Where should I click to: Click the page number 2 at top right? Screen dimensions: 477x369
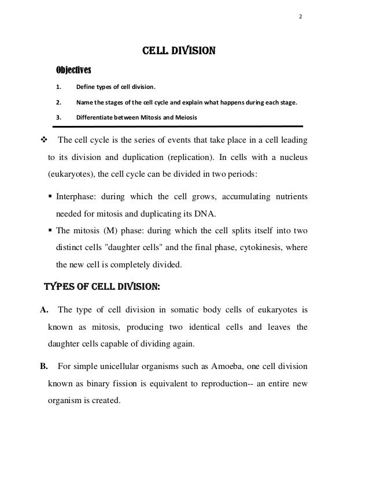pyautogui.click(x=300, y=16)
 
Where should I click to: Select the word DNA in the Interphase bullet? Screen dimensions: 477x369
pyautogui.click(x=205, y=213)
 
